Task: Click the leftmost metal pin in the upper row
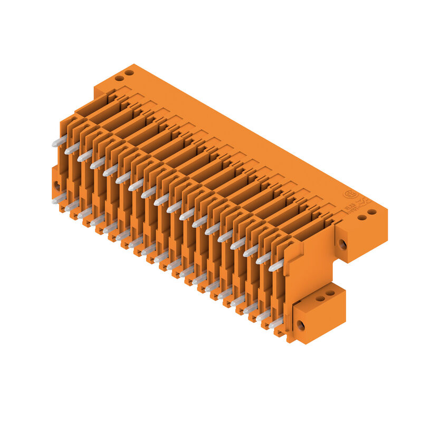pyautogui.click(x=59, y=141)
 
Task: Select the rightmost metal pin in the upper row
pyautogui.click(x=276, y=265)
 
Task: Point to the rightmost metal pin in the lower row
pyautogui.click(x=276, y=322)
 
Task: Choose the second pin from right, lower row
pyautogui.click(x=263, y=315)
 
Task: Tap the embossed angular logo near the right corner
pyautogui.click(x=364, y=202)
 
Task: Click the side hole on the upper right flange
pyautogui.click(x=342, y=244)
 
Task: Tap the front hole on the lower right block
pyautogui.click(x=301, y=325)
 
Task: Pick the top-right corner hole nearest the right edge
pyautogui.click(x=372, y=212)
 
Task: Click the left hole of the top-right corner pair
pyautogui.click(x=362, y=217)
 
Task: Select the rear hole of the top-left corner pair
pyautogui.click(x=129, y=72)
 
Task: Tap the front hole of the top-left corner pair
pyautogui.click(x=119, y=78)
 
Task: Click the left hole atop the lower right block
pyautogui.click(x=320, y=298)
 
